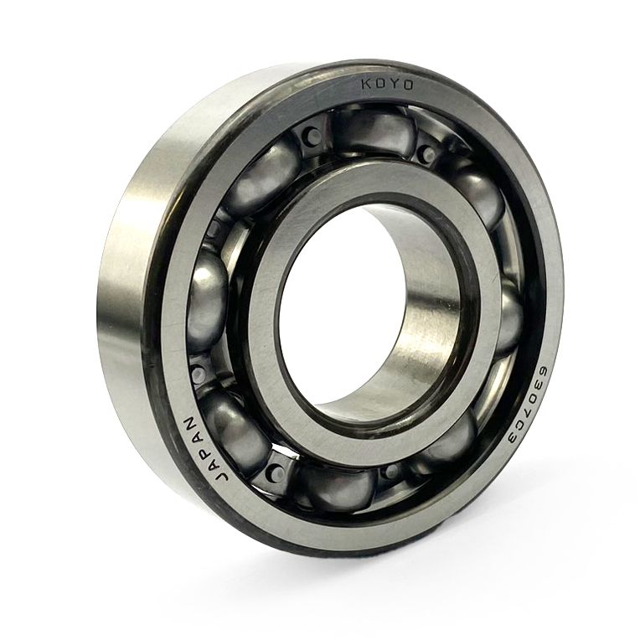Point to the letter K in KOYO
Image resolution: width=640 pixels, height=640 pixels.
[x=366, y=84]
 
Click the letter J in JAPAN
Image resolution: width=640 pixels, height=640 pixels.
[x=221, y=477]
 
